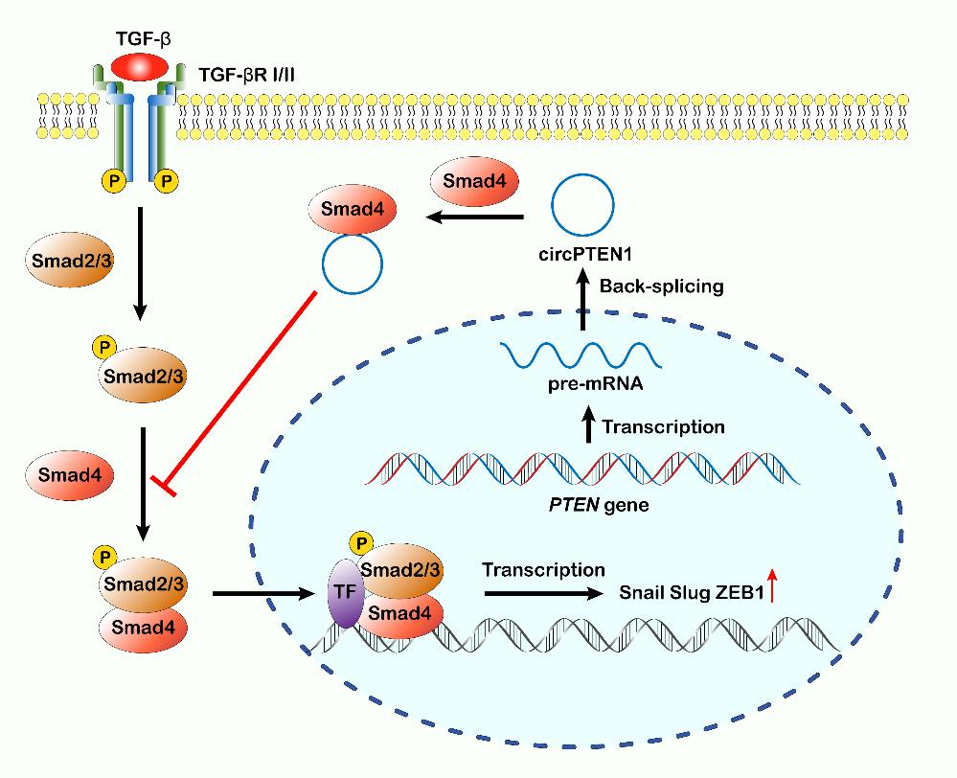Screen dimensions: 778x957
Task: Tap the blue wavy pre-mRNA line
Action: pyautogui.click(x=581, y=356)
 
